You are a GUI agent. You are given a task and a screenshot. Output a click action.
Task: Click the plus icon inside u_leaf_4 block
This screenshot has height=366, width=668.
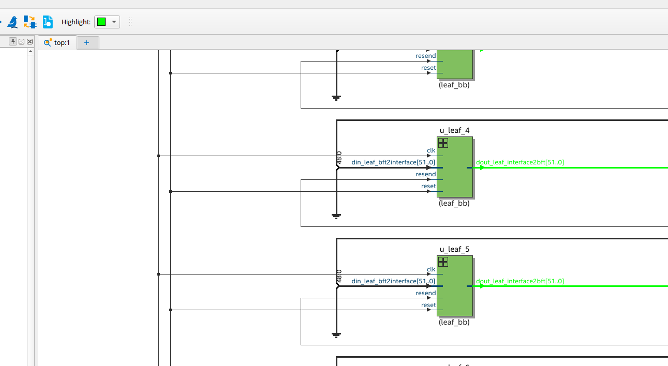[443, 143]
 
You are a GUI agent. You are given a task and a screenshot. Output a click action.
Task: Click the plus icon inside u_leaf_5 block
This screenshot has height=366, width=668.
[443, 262]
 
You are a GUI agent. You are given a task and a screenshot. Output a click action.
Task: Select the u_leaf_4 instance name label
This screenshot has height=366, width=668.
[454, 130]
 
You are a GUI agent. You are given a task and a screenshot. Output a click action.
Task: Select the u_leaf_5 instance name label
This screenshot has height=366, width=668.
[454, 249]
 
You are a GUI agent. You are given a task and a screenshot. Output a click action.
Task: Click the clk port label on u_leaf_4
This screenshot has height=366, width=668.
[431, 150]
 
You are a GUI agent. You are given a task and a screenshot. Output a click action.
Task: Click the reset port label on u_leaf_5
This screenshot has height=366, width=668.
[428, 305]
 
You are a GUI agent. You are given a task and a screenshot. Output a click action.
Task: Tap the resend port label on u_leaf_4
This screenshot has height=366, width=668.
[425, 174]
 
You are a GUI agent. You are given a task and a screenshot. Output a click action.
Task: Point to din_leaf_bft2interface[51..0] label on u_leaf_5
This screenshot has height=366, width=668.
[393, 281]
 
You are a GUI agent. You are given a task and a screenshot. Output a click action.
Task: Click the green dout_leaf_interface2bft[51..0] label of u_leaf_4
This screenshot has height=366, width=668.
[520, 162]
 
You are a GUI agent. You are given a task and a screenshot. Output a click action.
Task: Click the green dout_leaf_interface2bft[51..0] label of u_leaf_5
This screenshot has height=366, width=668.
[520, 281]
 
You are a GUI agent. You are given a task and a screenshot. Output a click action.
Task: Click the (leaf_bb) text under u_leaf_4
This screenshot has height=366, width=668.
[454, 203]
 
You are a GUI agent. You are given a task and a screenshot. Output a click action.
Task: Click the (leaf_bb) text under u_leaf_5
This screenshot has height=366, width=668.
[454, 322]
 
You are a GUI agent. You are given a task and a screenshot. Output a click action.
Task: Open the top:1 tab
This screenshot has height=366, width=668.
[57, 43]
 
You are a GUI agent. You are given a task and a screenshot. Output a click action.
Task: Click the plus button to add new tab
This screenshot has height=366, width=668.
[86, 43]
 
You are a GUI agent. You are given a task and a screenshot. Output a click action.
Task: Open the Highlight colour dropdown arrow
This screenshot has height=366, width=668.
[114, 22]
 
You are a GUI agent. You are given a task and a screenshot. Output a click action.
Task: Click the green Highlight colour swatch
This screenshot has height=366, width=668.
[101, 22]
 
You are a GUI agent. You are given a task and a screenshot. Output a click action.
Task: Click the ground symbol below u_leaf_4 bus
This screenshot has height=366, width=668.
[336, 216]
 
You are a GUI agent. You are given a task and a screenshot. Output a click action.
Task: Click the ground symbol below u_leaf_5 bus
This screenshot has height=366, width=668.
[336, 334]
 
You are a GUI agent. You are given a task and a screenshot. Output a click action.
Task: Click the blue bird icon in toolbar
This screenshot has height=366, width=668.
[12, 22]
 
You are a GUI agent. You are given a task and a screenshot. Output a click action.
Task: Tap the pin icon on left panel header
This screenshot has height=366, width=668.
[13, 41]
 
